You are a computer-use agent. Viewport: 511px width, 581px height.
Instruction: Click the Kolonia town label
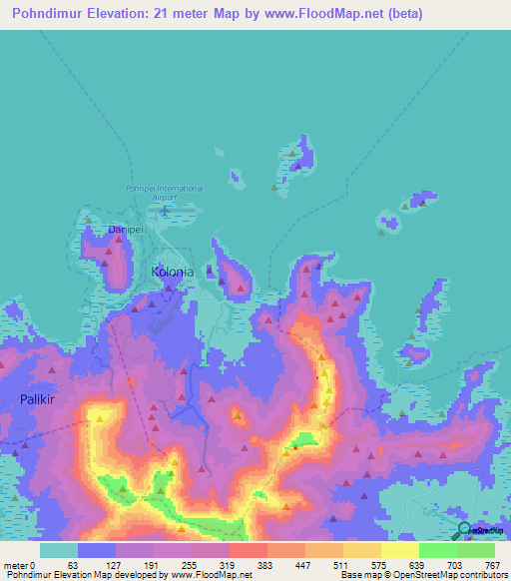(172, 272)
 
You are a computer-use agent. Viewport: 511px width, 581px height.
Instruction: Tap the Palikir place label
(36, 398)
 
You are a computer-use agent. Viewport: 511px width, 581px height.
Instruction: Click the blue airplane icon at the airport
(165, 210)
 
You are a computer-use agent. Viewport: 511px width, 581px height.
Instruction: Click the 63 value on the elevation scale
(73, 564)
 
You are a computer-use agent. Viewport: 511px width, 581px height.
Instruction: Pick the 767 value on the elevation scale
(492, 564)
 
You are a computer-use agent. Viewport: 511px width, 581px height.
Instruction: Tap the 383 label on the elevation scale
(264, 564)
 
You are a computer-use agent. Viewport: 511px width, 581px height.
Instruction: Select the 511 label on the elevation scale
(340, 564)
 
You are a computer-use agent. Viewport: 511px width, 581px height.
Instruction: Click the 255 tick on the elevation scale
(188, 564)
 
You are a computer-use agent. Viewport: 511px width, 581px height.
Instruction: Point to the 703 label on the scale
(454, 564)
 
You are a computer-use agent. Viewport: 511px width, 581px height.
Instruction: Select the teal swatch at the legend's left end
(59, 550)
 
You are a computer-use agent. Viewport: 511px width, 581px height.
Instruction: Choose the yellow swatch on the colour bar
(399, 550)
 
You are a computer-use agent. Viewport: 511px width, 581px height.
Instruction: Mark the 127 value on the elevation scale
(112, 564)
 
